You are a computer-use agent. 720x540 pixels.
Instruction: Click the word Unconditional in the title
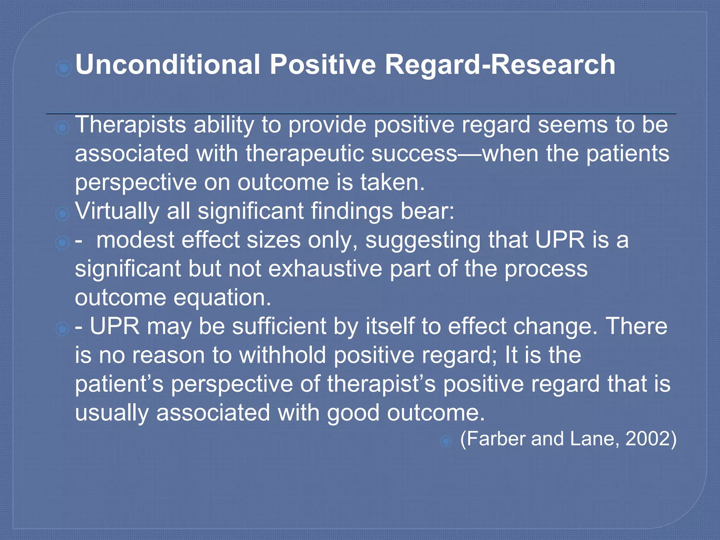click(168, 65)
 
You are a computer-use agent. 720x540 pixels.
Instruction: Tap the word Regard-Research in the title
click(500, 65)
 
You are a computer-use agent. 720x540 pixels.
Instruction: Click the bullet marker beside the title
click(64, 68)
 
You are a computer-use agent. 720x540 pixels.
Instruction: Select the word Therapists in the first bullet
click(130, 125)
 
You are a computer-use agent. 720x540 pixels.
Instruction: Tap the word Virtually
click(117, 211)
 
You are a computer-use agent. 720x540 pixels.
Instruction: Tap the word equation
click(222, 298)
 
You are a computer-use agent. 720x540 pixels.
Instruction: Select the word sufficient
click(279, 326)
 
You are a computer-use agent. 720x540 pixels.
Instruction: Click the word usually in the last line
click(112, 413)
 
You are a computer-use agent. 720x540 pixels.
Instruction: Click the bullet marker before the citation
click(446, 441)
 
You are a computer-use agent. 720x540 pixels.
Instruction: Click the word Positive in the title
click(323, 65)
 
